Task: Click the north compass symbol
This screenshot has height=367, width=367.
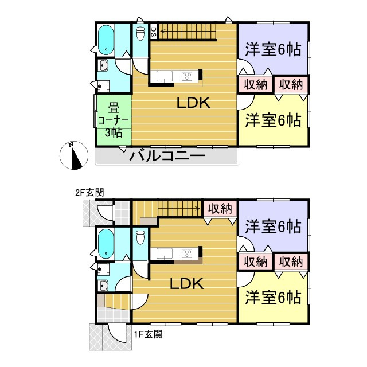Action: [73, 155]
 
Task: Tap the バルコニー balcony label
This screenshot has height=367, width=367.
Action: [167, 155]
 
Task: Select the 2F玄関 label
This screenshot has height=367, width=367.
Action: [90, 193]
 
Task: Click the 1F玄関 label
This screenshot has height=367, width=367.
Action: [148, 333]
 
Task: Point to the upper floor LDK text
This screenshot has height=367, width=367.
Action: [193, 103]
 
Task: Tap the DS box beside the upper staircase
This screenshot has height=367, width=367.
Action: [153, 32]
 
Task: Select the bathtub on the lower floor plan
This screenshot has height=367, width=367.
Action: [106, 243]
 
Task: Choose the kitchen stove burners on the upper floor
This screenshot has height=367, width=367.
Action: [188, 76]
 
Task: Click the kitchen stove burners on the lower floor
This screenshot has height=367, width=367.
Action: [188, 252]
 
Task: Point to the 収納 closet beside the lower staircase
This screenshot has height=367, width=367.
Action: [220, 208]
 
